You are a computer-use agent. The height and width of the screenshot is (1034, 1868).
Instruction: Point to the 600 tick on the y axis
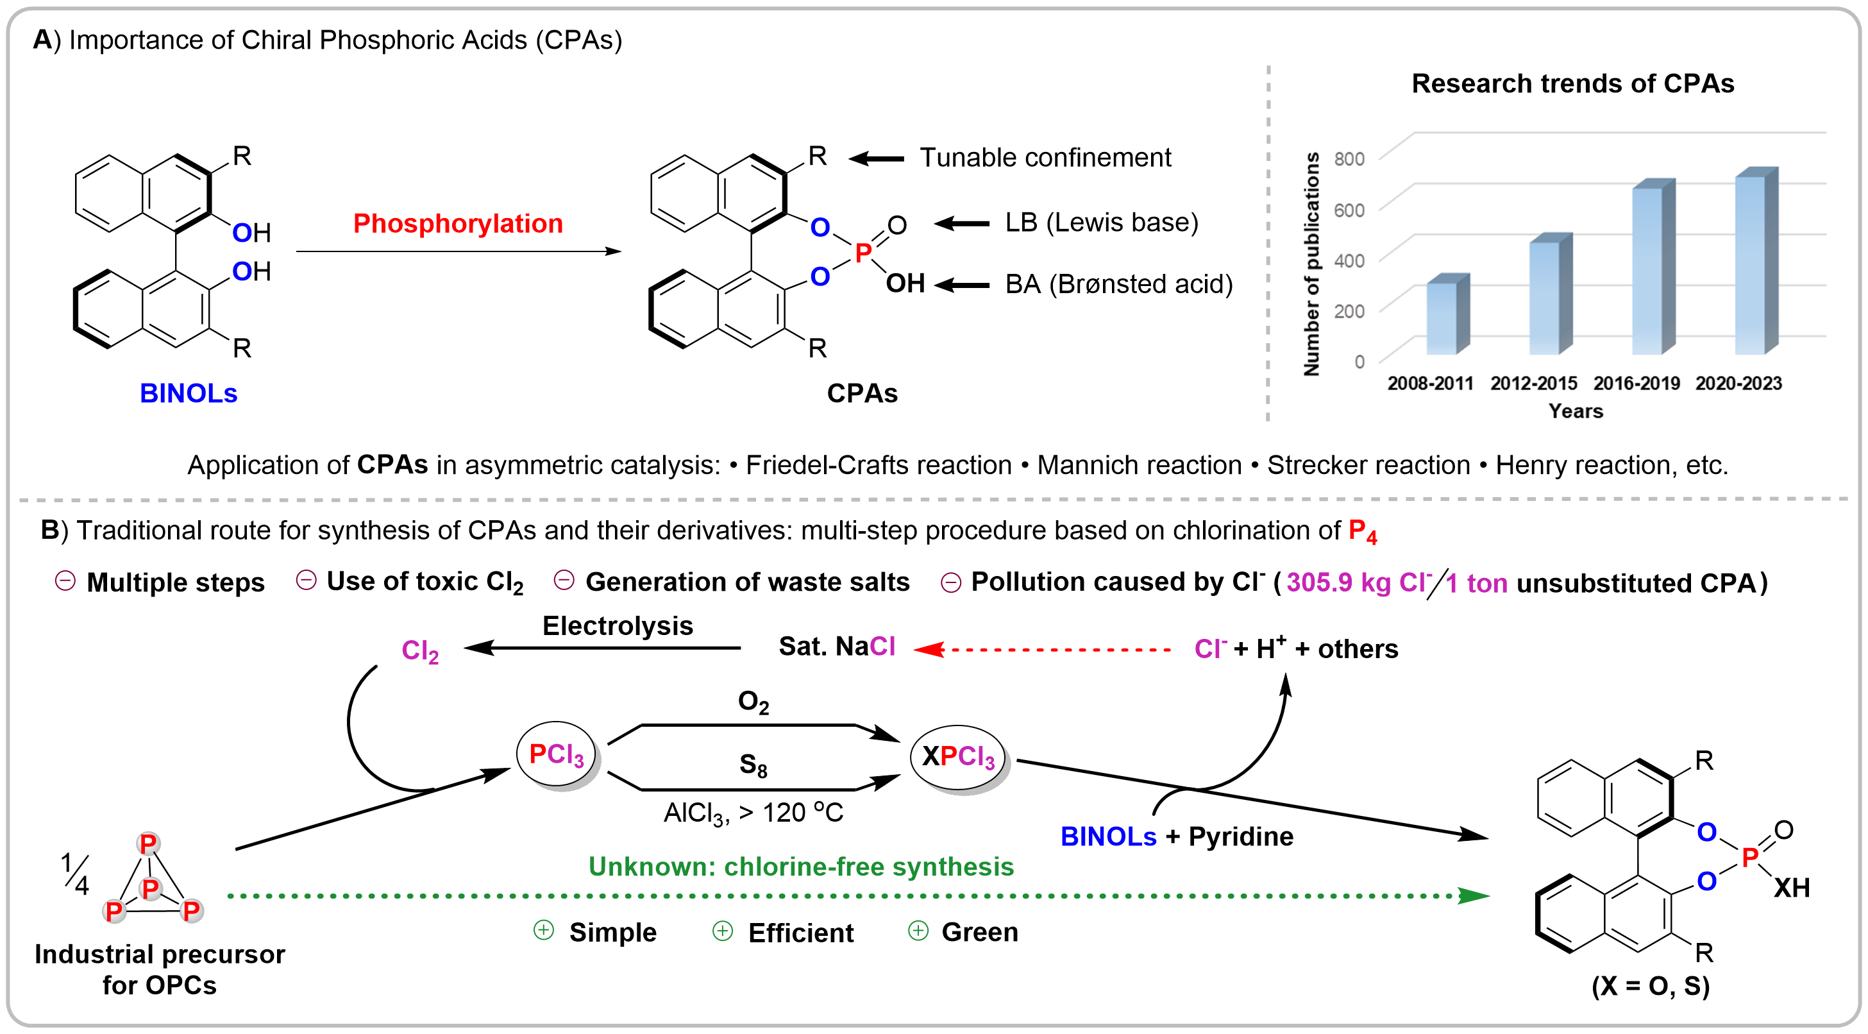click(x=1349, y=210)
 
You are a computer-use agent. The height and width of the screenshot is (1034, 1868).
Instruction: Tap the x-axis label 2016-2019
click(x=1636, y=383)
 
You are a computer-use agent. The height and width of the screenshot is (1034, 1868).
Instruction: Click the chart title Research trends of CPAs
click(x=1572, y=83)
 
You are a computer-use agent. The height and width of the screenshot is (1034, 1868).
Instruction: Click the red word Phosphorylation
click(x=458, y=223)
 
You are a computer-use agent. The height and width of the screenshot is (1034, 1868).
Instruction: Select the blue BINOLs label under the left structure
click(x=189, y=393)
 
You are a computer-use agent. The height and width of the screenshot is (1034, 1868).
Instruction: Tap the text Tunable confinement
click(x=1045, y=157)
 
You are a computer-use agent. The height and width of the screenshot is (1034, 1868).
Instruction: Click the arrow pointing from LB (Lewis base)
click(x=961, y=223)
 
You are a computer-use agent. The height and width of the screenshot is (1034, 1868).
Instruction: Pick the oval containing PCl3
click(x=556, y=754)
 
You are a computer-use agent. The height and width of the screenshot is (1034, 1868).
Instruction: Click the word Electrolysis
click(x=618, y=626)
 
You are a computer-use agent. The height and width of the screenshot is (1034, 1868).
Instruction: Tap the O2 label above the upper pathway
click(x=753, y=701)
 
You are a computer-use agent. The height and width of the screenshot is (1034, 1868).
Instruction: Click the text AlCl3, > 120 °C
click(x=753, y=813)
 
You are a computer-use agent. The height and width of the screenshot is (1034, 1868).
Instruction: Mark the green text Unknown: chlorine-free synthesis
click(x=800, y=867)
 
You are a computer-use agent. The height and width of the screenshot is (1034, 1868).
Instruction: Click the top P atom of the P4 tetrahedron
click(x=148, y=843)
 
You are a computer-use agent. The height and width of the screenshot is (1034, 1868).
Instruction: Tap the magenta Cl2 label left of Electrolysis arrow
click(x=420, y=651)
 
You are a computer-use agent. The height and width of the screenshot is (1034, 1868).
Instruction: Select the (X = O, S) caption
click(x=1651, y=985)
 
